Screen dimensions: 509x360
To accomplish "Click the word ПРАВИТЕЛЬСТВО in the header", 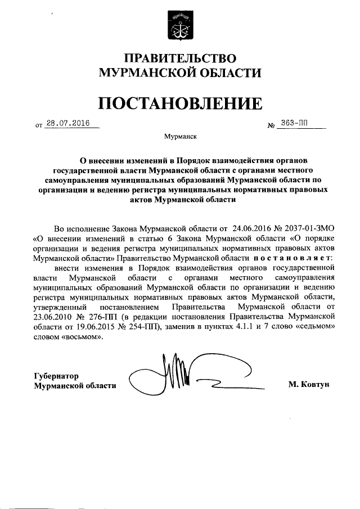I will click(180, 58).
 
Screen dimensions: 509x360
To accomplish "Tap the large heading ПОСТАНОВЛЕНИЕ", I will click(180, 104).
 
